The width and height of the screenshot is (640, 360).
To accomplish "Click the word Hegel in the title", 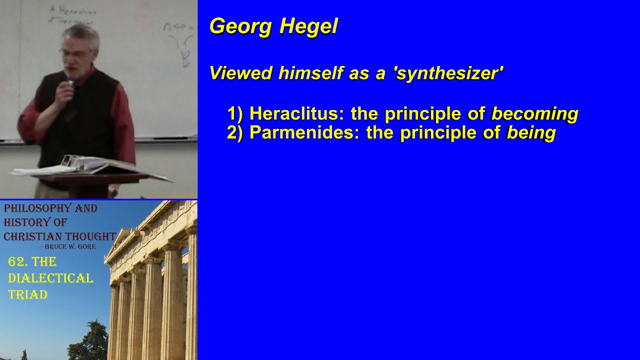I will pos(308,26).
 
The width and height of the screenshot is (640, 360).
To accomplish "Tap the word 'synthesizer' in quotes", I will pos(448,73).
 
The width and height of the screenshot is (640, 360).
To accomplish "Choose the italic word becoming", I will pos(534,114).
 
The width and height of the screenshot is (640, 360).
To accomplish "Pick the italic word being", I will pos(531,133).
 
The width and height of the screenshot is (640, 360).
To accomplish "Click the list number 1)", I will pos(234,114).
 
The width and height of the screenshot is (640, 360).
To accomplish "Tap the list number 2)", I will pos(234,133).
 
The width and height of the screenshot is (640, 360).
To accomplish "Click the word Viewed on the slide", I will pos(240,73).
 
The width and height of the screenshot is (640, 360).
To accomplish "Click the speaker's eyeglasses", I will pos(75,52).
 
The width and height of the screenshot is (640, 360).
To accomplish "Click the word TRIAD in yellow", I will pos(27,295).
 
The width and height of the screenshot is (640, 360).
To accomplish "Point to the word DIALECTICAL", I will pos(50,278).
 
